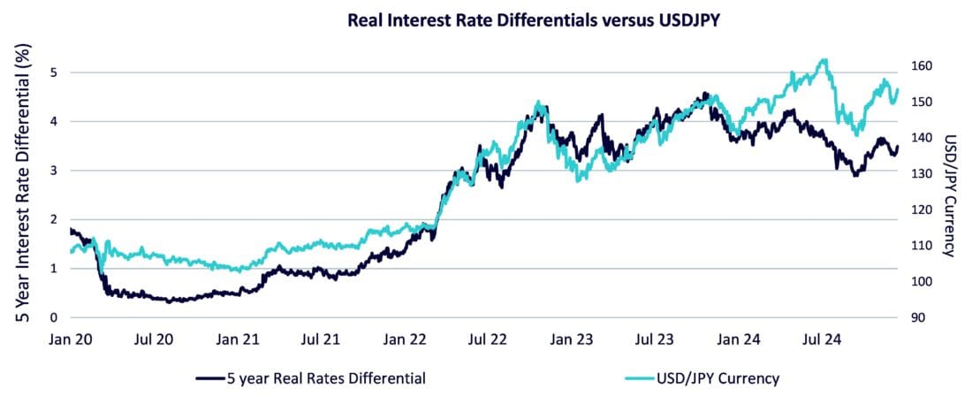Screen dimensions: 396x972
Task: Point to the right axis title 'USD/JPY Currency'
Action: click(x=950, y=195)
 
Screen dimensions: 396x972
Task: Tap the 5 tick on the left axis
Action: click(x=54, y=72)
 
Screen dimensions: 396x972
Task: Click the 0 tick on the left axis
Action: click(x=54, y=317)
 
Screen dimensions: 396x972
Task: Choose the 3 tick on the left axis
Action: click(x=54, y=171)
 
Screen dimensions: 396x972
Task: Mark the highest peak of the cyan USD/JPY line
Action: click(x=824, y=60)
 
